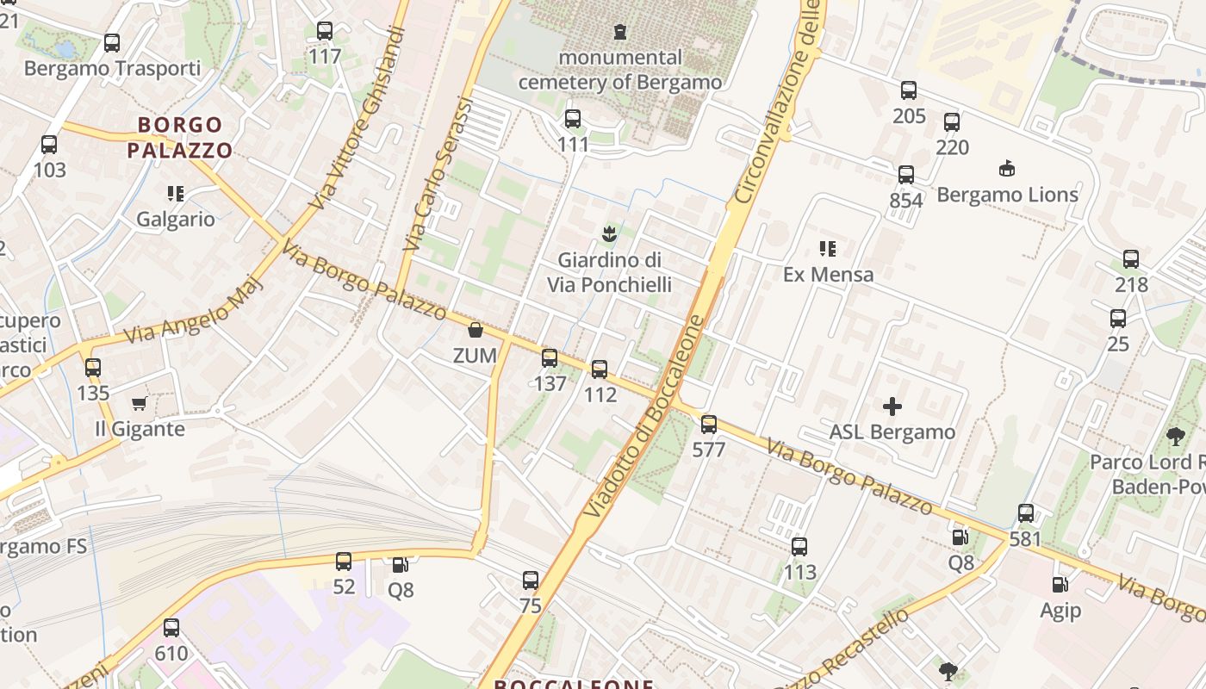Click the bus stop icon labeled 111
pyautogui.click(x=573, y=119)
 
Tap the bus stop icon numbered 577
pyautogui.click(x=709, y=424)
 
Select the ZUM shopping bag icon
pyautogui.click(x=475, y=330)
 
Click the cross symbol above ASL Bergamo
pyautogui.click(x=892, y=406)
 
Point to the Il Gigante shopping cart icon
pyautogui.click(x=139, y=403)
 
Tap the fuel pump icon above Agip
pyautogui.click(x=1060, y=585)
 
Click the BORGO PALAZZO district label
pyautogui.click(x=180, y=138)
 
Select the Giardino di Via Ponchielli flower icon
pyautogui.click(x=609, y=233)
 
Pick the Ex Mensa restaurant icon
pyautogui.click(x=828, y=249)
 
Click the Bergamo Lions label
pyautogui.click(x=1007, y=195)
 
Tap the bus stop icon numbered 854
pyautogui.click(x=906, y=175)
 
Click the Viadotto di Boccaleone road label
pyautogui.click(x=645, y=418)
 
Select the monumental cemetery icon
pyautogui.click(x=619, y=32)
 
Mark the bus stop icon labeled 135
pyautogui.click(x=93, y=368)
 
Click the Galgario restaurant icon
pyautogui.click(x=176, y=193)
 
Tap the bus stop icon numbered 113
pyautogui.click(x=799, y=546)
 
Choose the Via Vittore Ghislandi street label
pyautogui.click(x=358, y=118)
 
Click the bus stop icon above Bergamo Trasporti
pyautogui.click(x=112, y=42)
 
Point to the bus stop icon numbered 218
pyautogui.click(x=1131, y=258)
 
